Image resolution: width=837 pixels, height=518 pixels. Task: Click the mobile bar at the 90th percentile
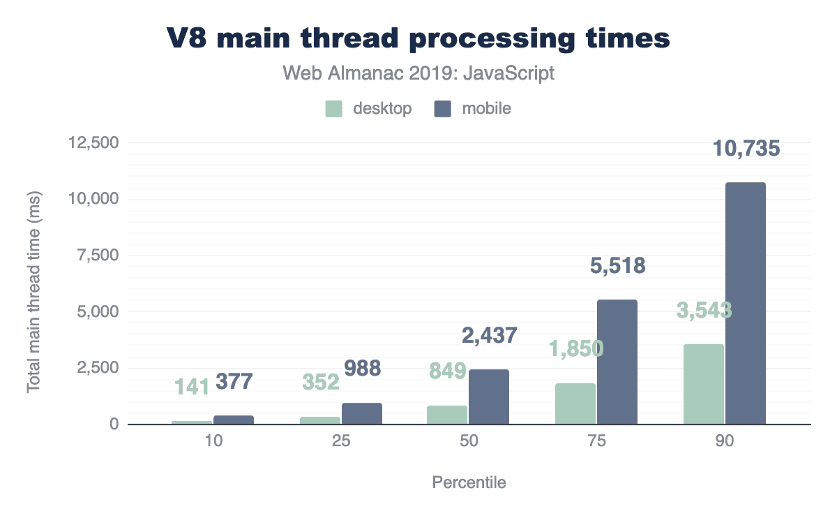[746, 303]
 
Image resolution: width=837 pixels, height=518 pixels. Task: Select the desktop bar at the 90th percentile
[704, 384]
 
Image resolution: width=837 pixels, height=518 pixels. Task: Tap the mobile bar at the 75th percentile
[617, 362]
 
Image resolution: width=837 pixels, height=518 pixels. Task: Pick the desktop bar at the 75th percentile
[575, 404]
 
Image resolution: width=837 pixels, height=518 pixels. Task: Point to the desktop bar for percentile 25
[320, 420]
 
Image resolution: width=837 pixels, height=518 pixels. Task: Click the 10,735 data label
[746, 149]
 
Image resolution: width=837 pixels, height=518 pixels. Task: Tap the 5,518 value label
[617, 266]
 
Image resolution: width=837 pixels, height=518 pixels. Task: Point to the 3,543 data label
[704, 309]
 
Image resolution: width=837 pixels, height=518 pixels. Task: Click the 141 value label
[191, 385]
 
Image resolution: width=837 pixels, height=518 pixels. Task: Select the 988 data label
[361, 368]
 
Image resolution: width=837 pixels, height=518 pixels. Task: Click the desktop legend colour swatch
[334, 109]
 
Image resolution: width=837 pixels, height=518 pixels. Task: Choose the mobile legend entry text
[482, 109]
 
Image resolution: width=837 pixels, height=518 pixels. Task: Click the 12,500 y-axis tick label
[94, 143]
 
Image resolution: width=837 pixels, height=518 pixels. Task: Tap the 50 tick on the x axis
[468, 443]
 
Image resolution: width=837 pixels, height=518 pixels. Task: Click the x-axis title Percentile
[469, 482]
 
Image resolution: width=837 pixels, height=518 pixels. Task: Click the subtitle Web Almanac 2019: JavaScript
[418, 73]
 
